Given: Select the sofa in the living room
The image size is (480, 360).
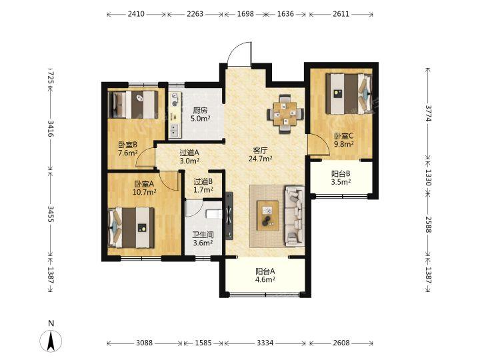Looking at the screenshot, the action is tap(294, 216).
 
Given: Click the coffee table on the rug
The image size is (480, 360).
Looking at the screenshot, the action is tap(267, 215).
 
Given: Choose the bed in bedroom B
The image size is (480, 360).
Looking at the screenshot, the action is tap(133, 105).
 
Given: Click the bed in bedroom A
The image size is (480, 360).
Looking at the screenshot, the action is tap(131, 228).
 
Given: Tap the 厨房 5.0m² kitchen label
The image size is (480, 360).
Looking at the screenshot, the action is tap(200, 115).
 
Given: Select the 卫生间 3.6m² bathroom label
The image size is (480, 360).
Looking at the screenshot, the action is tap(203, 239).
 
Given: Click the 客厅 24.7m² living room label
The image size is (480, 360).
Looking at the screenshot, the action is tap(261, 155).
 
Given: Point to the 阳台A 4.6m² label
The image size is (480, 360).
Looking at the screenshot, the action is tap(265, 275).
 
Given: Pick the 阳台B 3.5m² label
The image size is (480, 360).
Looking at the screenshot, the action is tap(341, 178).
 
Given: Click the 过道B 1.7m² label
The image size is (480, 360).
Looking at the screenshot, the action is tap(203, 185).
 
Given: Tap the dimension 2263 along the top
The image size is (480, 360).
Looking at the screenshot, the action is tap(195, 14).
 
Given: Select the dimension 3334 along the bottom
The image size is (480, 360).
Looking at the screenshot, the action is tap(265, 343).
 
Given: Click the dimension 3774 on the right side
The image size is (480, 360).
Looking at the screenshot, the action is tap(428, 113).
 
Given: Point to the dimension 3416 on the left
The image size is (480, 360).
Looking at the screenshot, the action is tap(51, 128).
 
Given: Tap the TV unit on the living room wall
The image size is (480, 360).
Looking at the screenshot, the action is tap(229, 215).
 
